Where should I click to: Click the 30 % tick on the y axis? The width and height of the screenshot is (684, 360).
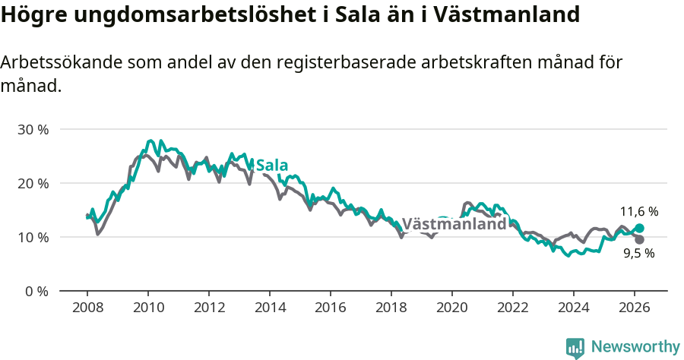(x=33, y=129)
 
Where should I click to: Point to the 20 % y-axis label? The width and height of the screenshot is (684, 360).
(x=33, y=183)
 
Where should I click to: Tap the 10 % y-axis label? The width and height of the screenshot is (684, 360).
(x=33, y=237)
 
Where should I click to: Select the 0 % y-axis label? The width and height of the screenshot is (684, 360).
(x=36, y=291)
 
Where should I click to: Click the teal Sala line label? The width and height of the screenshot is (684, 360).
(x=272, y=166)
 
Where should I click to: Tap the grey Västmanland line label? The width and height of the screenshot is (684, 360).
(x=454, y=224)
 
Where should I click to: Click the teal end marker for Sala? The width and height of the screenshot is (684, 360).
(x=639, y=228)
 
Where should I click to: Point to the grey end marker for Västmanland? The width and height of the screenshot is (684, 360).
(x=639, y=239)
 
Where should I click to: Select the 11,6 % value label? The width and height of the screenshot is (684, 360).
(x=638, y=212)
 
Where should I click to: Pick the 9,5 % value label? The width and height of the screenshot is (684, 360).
(x=638, y=254)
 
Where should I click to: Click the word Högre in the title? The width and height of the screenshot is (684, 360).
(x=33, y=14)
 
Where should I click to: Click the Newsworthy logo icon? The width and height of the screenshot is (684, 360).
(x=575, y=348)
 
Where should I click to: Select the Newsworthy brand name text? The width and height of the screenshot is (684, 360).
(x=635, y=347)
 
